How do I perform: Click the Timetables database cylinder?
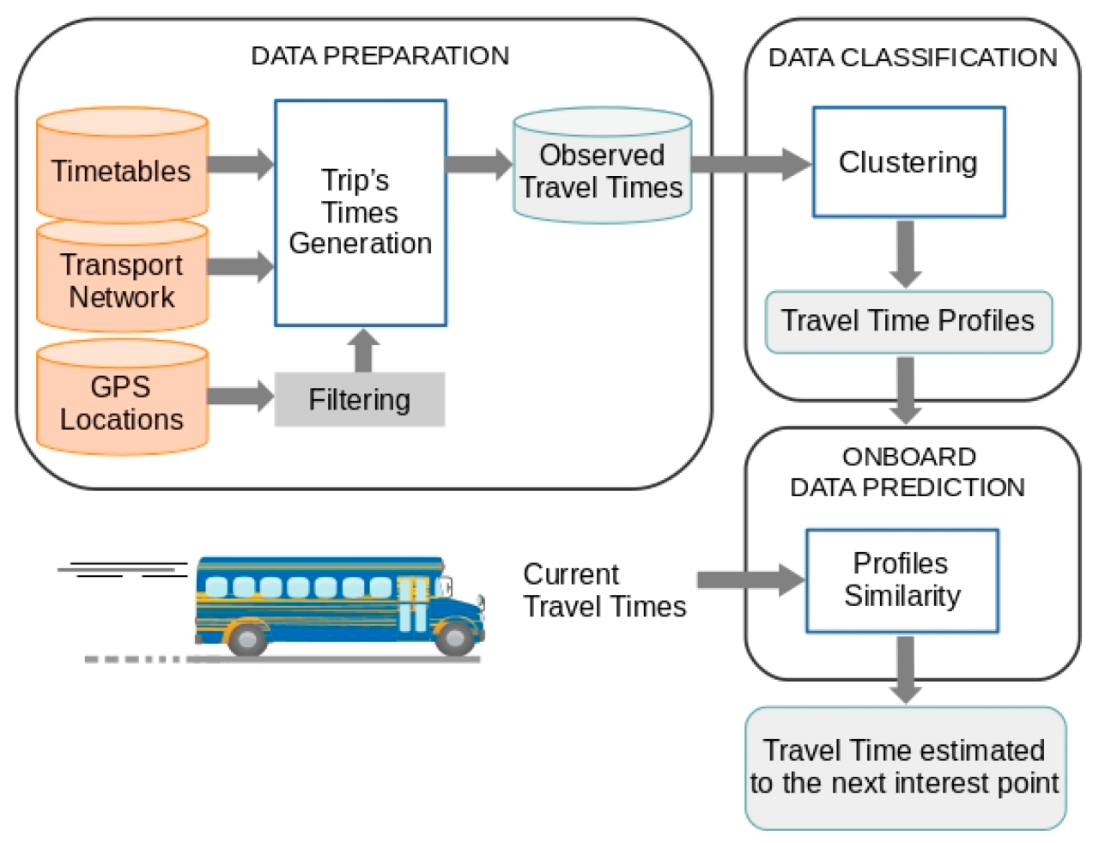click(122, 167)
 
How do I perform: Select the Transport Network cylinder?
click(122, 278)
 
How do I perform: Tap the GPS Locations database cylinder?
click(122, 400)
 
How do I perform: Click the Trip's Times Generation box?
click(360, 213)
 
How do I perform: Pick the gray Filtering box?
click(359, 399)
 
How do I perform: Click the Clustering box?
click(908, 162)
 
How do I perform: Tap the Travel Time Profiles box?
click(908, 321)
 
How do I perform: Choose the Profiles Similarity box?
click(902, 580)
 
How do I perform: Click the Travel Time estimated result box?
click(905, 767)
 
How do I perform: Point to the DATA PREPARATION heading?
click(379, 56)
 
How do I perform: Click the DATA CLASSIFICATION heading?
click(912, 58)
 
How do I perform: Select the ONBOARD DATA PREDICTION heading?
click(908, 471)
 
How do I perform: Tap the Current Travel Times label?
click(604, 591)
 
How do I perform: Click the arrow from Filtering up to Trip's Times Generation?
click(364, 349)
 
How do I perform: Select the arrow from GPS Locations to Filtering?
click(240, 396)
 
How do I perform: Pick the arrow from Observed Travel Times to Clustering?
click(750, 164)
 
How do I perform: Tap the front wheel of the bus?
click(454, 638)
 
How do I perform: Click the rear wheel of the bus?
click(247, 638)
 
